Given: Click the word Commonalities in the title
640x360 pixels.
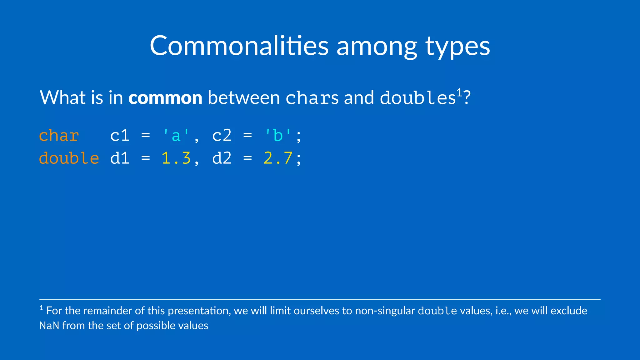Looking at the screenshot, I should tap(239, 46).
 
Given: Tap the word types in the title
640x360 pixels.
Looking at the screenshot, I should tap(457, 47).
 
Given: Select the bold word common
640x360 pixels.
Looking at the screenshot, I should tap(165, 97).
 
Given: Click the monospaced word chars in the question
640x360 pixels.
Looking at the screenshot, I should tap(312, 98).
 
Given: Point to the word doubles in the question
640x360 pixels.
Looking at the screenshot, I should tap(417, 98).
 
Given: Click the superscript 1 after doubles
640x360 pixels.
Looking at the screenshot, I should tap(459, 92).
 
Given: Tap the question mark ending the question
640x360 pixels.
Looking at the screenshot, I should tap(467, 98).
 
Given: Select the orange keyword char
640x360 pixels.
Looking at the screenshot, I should tap(59, 136).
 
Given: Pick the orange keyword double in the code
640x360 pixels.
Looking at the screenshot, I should tap(69, 158).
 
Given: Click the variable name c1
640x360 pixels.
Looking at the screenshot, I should tap(120, 136).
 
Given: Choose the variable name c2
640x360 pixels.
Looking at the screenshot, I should tap(222, 136).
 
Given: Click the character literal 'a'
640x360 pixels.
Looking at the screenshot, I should tap(176, 136).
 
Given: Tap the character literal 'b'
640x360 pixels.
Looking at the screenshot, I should tap(278, 136).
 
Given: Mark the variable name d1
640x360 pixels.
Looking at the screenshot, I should tap(120, 158).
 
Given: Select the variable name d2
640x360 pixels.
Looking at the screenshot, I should tap(222, 158).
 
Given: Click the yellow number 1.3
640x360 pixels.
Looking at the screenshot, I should tap(176, 158).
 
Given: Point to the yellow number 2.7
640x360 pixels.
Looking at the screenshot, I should tap(278, 158).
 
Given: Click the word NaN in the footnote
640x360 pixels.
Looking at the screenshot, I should tap(49, 326).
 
